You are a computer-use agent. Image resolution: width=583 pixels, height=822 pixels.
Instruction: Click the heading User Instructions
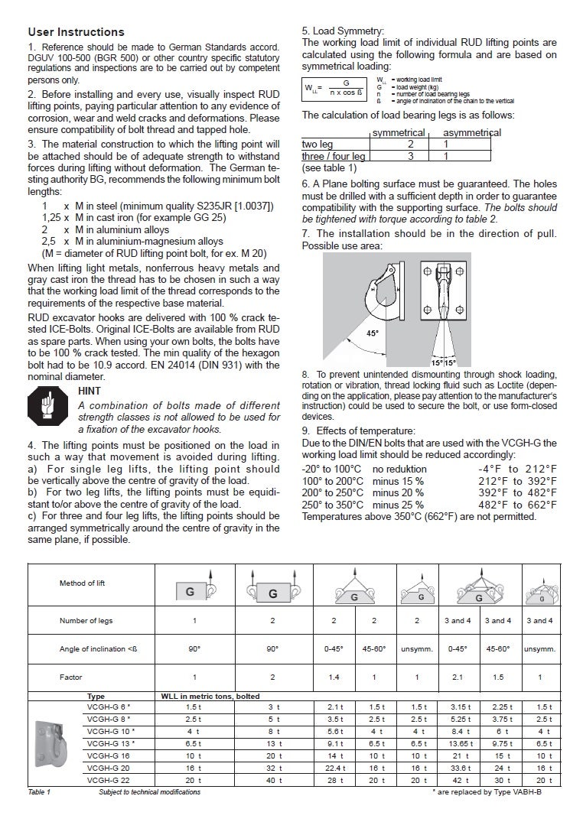[x=76, y=32]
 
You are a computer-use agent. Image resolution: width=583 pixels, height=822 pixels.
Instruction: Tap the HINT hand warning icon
[x=47, y=405]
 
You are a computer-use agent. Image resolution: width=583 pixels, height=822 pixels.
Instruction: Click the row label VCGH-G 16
[x=109, y=755]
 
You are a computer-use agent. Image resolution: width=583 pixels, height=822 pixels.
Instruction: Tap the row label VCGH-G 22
[x=109, y=780]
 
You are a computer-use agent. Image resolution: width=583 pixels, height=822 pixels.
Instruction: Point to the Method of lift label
[x=82, y=583]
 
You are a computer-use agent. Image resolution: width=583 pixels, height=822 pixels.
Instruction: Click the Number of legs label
[x=86, y=621]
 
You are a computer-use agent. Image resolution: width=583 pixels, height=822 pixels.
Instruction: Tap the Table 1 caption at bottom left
[x=39, y=792]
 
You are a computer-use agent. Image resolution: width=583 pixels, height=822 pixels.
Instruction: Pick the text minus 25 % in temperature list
[x=398, y=505]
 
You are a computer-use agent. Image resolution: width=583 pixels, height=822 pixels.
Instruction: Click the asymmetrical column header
[x=472, y=132]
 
